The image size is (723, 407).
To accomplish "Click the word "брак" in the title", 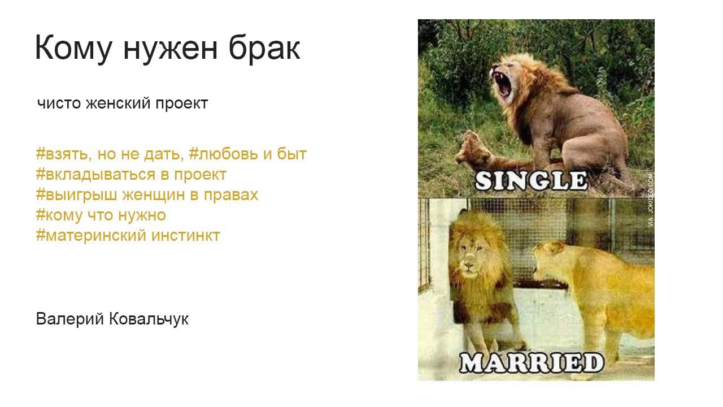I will [x=264, y=48].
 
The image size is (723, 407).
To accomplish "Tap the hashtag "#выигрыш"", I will [x=72, y=194].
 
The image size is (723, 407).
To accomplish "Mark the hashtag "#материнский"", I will [x=91, y=235].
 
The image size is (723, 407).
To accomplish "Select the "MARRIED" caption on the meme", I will [x=530, y=363].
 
